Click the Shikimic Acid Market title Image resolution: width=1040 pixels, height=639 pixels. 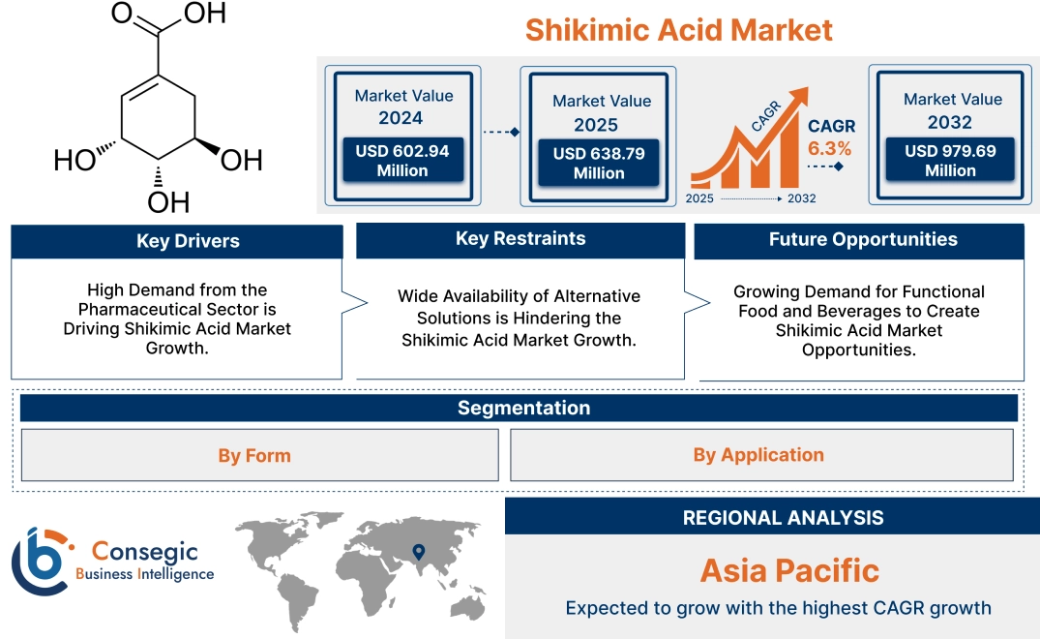click(678, 30)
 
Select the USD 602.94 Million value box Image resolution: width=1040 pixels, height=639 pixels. click(401, 161)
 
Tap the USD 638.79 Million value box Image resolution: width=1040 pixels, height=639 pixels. click(598, 163)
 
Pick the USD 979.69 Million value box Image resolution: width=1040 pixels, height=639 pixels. click(950, 160)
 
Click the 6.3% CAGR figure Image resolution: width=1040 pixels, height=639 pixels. click(829, 148)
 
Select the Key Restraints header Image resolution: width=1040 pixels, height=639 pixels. click(520, 239)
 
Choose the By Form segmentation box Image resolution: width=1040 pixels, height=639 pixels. click(254, 455)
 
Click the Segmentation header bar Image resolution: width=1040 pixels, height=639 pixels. click(523, 408)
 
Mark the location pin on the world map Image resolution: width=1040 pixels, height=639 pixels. click(418, 552)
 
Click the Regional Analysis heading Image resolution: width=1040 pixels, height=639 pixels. click(783, 517)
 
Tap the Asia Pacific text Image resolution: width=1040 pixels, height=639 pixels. click(789, 570)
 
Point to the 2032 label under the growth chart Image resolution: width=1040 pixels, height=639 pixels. click(802, 198)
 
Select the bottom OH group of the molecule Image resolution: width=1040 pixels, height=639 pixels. click(168, 202)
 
